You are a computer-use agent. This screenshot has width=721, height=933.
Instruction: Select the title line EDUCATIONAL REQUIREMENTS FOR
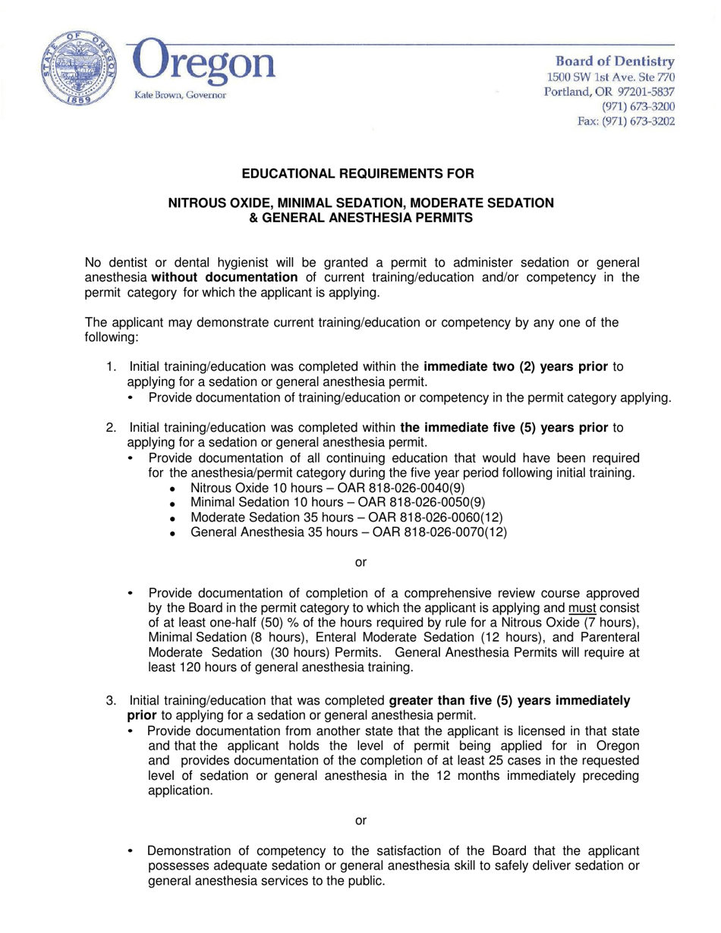pos(357,174)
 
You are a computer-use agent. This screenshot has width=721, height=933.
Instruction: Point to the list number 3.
pos(111,701)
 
